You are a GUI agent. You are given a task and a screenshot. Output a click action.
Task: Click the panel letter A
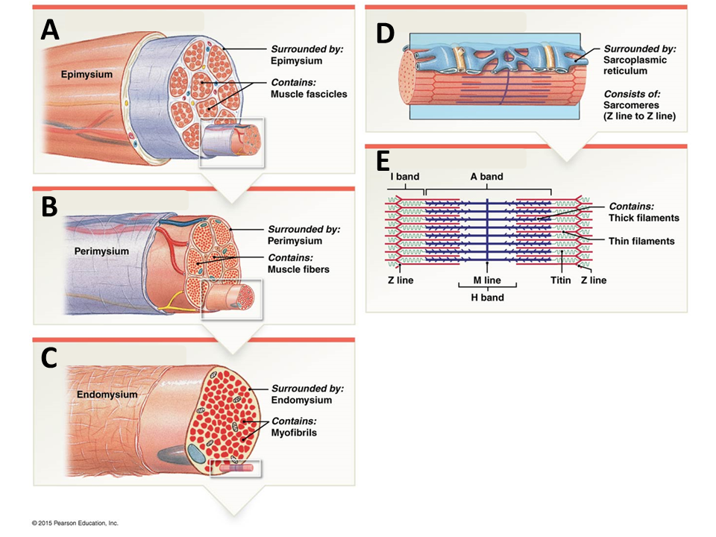(50, 29)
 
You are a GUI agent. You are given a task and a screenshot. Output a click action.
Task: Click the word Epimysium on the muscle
(87, 75)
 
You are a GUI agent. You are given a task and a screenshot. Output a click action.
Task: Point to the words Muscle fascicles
(309, 94)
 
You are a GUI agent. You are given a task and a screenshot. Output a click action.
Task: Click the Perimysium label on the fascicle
(101, 251)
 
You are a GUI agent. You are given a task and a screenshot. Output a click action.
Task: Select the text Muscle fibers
(298, 269)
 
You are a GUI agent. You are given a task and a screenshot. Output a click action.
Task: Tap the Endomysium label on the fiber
(107, 394)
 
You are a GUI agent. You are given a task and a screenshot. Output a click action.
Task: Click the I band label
(405, 177)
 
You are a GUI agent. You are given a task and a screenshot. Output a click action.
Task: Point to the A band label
(486, 177)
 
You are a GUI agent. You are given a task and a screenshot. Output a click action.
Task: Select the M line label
(487, 280)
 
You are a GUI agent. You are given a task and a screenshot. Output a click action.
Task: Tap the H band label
(487, 298)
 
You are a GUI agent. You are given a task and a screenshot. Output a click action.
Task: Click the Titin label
(560, 280)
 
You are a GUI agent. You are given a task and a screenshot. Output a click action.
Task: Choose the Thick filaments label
(644, 218)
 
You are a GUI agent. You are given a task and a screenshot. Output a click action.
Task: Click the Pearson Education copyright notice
(75, 523)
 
